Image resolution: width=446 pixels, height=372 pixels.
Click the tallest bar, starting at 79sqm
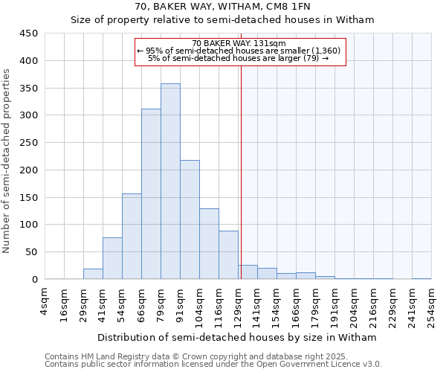point(170,182)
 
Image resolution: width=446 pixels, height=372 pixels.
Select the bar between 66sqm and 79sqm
point(151,194)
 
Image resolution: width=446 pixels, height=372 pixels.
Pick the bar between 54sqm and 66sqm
point(132,237)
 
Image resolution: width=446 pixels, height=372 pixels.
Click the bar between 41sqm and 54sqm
point(112,258)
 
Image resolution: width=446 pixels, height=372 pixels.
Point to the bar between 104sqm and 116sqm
point(209,244)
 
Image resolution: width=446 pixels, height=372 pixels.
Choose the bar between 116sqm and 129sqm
point(228,255)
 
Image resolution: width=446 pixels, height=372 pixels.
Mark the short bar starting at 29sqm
point(93,274)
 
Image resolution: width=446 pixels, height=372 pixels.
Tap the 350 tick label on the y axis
point(28,88)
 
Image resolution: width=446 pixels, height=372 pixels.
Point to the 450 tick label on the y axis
point(28,33)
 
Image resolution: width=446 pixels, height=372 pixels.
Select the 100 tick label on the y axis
point(28,225)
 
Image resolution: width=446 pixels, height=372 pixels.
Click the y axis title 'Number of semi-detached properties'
point(7,161)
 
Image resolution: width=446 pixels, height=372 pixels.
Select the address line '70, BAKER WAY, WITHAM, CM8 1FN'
point(222,7)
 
